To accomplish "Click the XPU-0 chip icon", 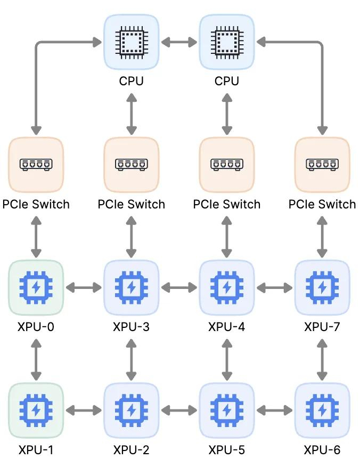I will tap(36, 288).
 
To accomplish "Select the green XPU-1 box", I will tap(36, 410).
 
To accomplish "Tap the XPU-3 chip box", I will tap(132, 288).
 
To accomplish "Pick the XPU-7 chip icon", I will tap(322, 288).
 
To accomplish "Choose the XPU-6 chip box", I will tap(322, 410).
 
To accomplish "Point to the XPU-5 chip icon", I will tap(227, 410).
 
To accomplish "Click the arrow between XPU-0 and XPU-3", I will tap(84, 288).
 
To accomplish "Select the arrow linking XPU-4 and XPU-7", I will tap(274, 288).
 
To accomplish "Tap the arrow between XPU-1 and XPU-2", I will tap(84, 410).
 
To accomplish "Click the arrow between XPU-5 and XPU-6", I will tap(274, 410).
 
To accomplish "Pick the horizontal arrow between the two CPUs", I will tap(179, 42).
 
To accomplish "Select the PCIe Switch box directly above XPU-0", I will tap(36, 165).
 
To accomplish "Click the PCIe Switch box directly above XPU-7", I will tap(322, 165).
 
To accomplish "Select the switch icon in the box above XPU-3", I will tap(132, 164).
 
